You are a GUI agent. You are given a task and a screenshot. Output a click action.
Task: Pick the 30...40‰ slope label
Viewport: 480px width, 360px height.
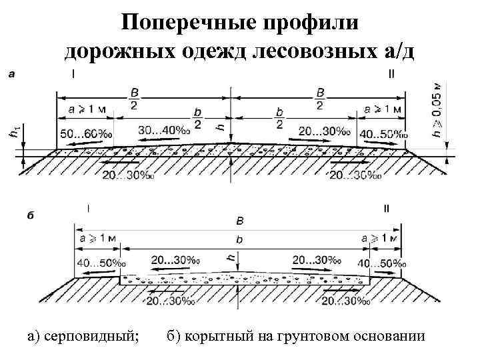coord(164,130)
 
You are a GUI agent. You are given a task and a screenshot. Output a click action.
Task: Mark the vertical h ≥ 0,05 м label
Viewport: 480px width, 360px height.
coord(437,111)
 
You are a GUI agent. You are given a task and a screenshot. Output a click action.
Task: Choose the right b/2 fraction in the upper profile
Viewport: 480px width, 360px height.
coord(278,119)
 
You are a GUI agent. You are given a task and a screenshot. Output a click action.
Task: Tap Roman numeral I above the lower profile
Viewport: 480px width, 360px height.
coord(88,208)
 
